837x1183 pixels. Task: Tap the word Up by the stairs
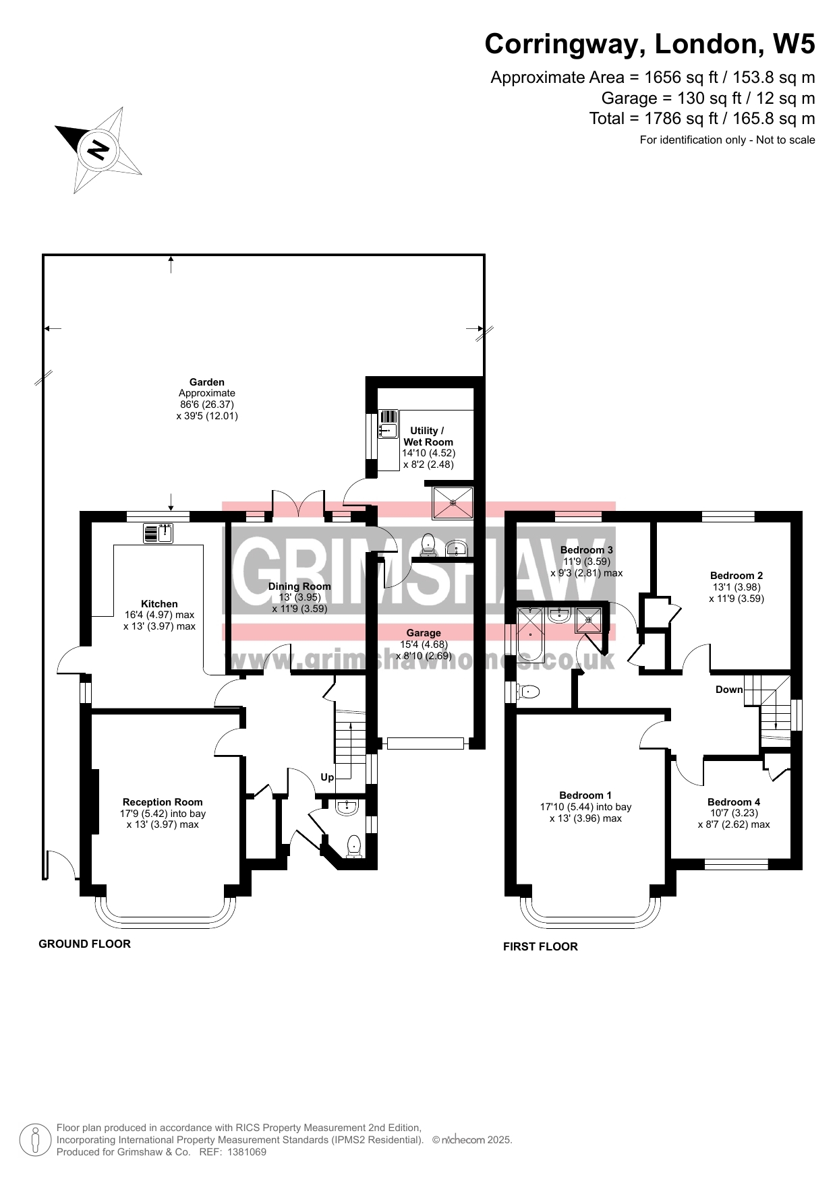327,777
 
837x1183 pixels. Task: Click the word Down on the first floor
729,690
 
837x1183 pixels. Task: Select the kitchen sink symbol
158,533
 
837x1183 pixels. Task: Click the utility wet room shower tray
453,502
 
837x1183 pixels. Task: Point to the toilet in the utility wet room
428,545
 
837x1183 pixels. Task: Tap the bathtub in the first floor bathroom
530,634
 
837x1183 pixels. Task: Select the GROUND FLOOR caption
84,944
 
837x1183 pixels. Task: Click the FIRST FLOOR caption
540,946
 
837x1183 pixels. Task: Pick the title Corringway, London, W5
650,44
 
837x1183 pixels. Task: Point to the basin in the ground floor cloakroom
347,806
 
